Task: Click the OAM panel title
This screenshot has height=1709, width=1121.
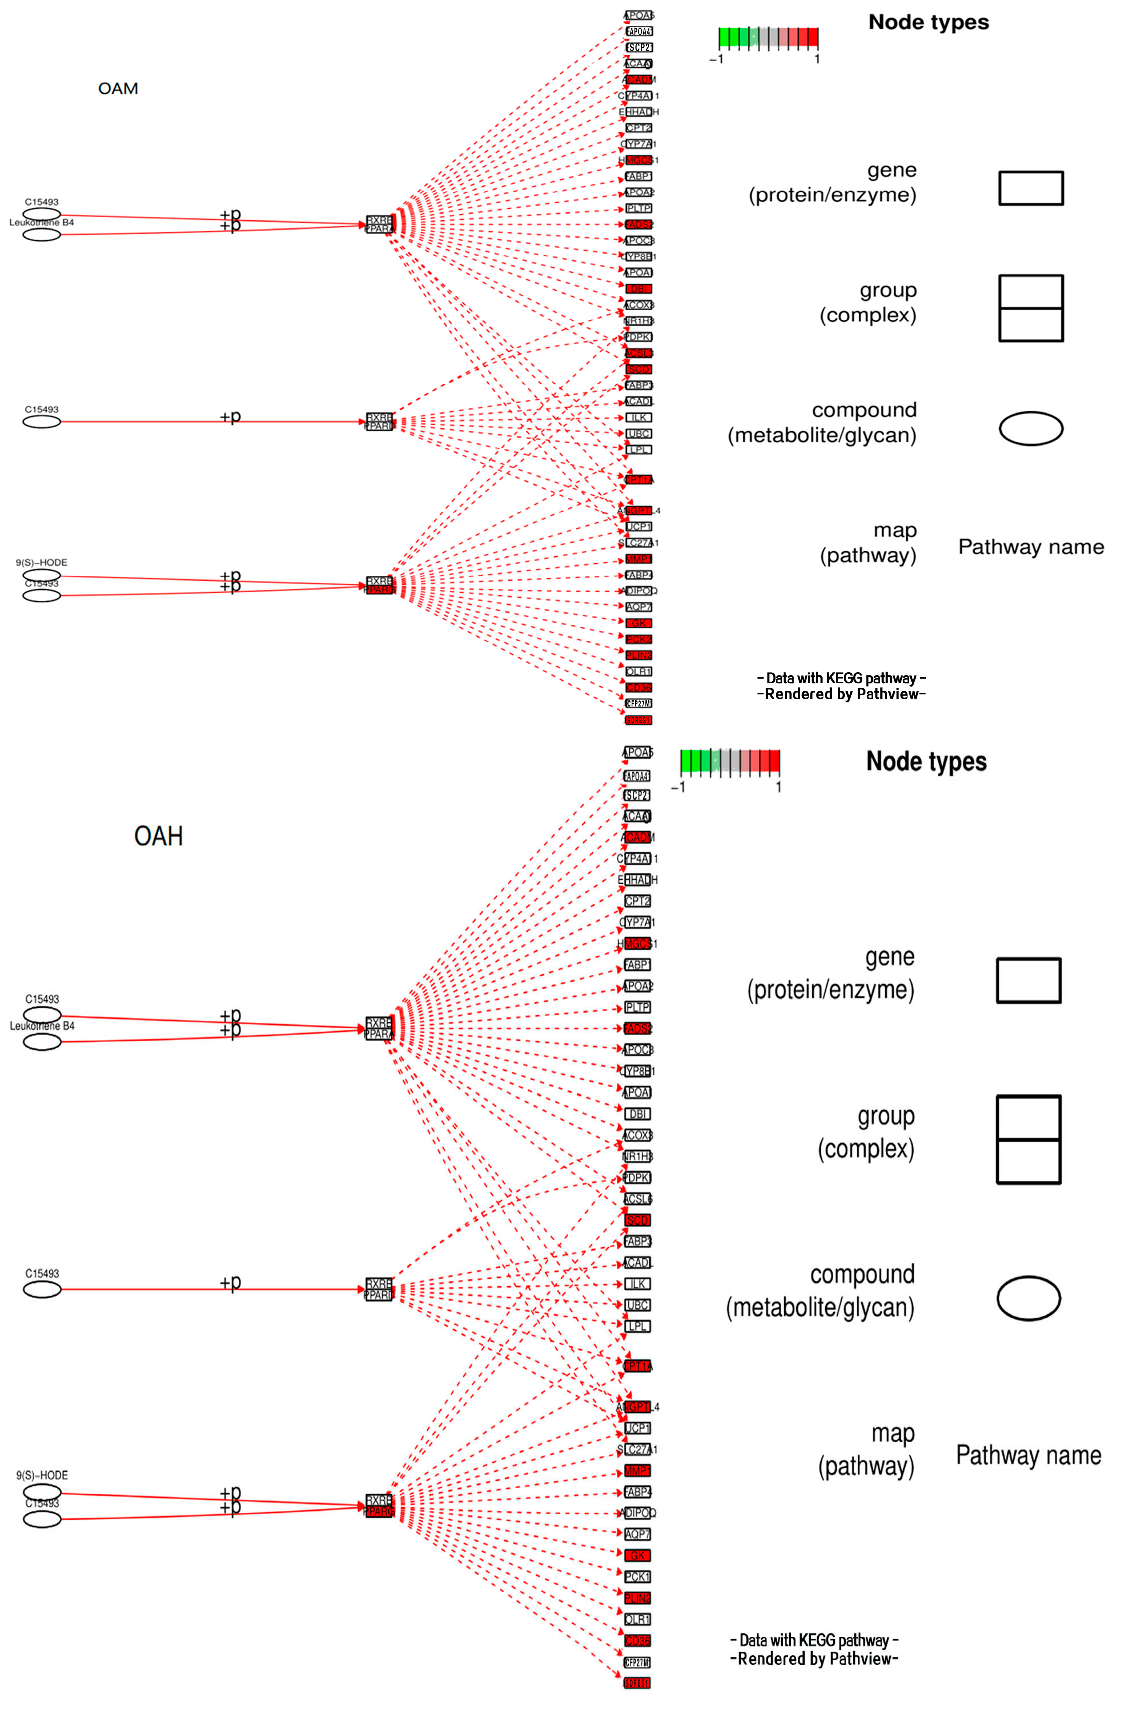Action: click(x=118, y=88)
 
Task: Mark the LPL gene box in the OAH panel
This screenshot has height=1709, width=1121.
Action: click(x=637, y=1326)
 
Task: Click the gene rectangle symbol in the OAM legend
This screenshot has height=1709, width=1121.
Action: click(x=1030, y=188)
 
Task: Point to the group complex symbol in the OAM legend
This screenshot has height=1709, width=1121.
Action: click(x=1030, y=308)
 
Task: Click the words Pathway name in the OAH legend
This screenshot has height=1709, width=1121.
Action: click(x=1028, y=1455)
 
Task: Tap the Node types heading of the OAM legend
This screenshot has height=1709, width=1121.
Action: click(x=929, y=22)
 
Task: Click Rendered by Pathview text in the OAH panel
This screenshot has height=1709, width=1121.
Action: click(x=815, y=1659)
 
